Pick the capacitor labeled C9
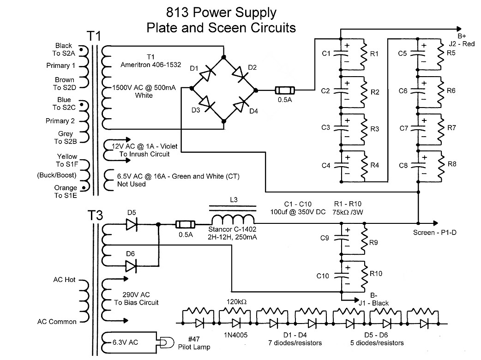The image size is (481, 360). click(x=342, y=238)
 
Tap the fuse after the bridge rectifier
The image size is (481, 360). click(x=282, y=90)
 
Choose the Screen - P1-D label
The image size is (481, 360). click(x=434, y=232)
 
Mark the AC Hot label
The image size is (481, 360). click(x=64, y=280)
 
